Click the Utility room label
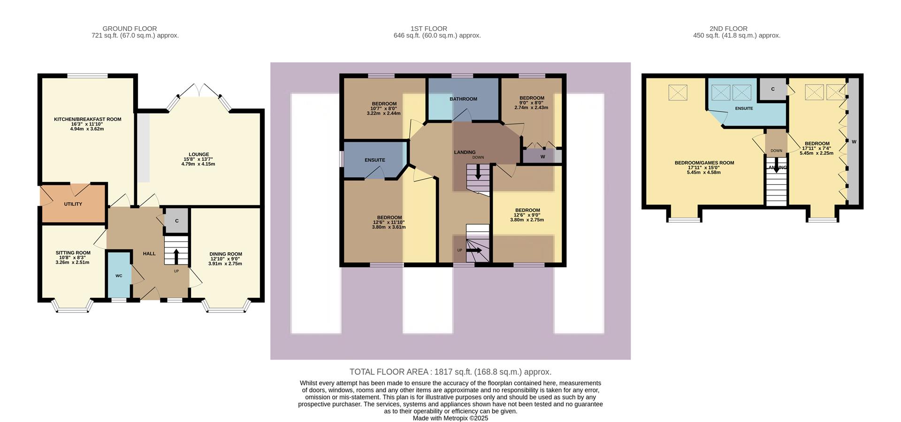[x=73, y=204]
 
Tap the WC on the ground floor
[x=119, y=276]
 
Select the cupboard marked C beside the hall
[x=177, y=221]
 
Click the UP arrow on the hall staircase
[x=176, y=256]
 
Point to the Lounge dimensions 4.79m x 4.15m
[x=198, y=164]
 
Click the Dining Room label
[x=226, y=254]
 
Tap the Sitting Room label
[x=73, y=253]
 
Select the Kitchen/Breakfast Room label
[x=87, y=119]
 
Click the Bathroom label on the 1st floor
[x=463, y=99]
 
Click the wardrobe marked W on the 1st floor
[x=542, y=157]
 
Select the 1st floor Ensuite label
[x=374, y=160]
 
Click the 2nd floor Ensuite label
[x=744, y=108]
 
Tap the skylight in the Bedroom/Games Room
[x=677, y=92]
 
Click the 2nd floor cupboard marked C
[x=772, y=89]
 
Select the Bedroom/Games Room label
[x=704, y=163]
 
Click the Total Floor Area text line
[x=450, y=372]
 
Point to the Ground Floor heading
[x=130, y=29]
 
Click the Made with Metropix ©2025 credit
[x=450, y=418]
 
